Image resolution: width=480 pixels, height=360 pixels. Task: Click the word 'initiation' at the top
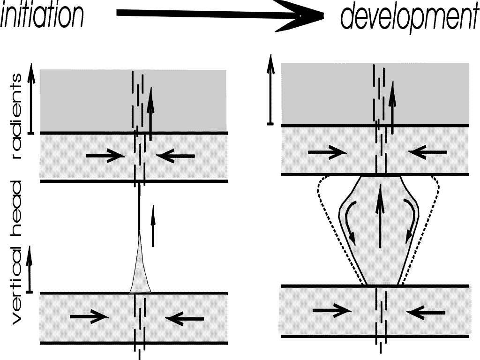(42, 15)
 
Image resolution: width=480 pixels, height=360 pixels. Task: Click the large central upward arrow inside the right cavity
(380, 216)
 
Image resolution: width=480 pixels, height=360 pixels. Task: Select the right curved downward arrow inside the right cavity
(411, 220)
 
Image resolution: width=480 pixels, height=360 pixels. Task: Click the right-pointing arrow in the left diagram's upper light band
(104, 155)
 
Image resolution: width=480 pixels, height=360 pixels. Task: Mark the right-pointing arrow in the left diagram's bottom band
(89, 317)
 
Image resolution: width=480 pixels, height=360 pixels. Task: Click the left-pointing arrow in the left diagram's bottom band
(185, 319)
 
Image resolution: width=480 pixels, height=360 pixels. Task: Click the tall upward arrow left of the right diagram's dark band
(270, 89)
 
